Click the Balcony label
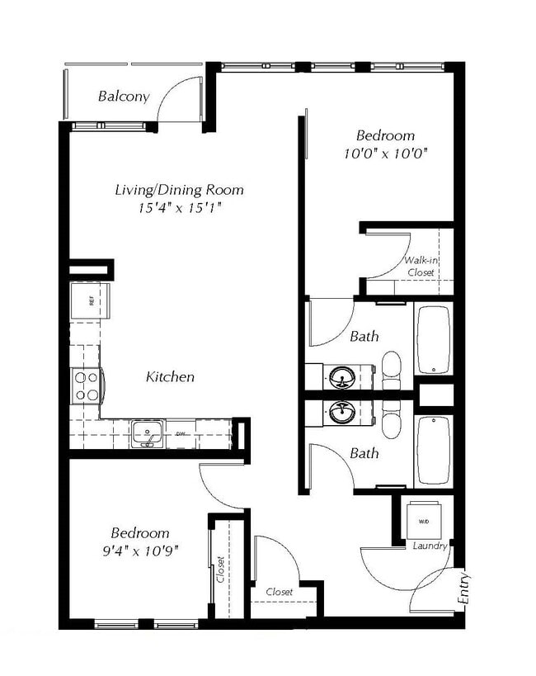click(124, 96)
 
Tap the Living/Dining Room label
click(179, 190)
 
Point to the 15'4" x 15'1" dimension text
click(179, 208)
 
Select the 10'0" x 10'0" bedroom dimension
click(385, 154)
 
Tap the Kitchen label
click(170, 377)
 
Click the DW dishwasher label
click(181, 433)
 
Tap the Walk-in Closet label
click(421, 266)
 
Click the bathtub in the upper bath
click(433, 339)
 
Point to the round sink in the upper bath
click(342, 378)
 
